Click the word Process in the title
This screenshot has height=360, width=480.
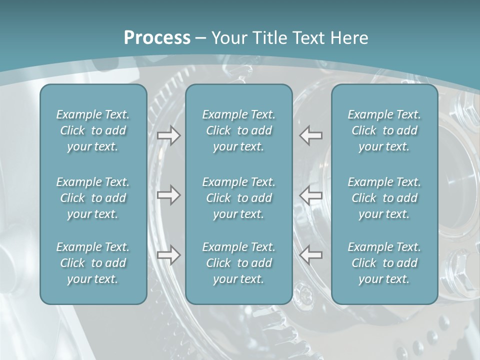pos(157,38)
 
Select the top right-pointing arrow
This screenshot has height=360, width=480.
pos(169,135)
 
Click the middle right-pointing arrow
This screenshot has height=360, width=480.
pos(169,195)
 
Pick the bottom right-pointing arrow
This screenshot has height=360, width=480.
pos(169,255)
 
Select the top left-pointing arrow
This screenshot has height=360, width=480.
pos(311,135)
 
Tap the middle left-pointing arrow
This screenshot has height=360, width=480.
pos(311,195)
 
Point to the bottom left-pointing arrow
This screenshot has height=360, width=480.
pos(311,255)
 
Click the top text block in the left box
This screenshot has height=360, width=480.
pos(93,130)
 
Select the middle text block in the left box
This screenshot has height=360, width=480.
pos(93,198)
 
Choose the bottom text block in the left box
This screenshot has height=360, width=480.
pos(93,263)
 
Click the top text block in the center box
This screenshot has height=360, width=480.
pos(239,130)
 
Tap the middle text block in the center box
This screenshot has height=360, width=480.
pos(239,198)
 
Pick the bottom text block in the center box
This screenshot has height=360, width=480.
pos(239,263)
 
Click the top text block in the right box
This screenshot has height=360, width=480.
pos(384,130)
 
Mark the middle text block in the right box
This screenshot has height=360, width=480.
pos(384,198)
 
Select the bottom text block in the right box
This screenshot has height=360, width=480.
pos(384,263)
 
